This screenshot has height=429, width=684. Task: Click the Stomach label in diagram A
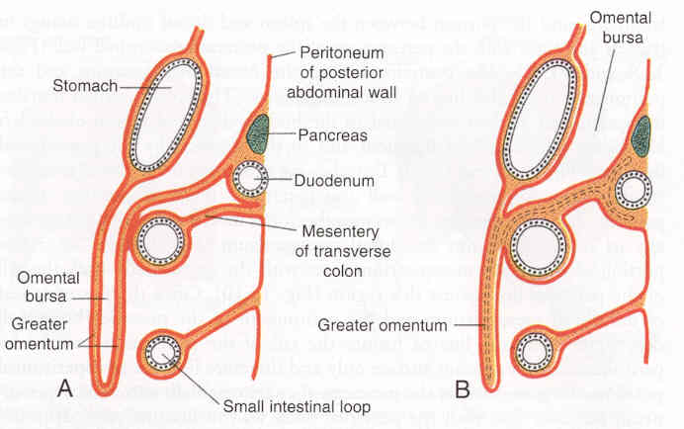[87, 86]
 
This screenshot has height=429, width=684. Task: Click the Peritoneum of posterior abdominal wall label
[340, 72]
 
